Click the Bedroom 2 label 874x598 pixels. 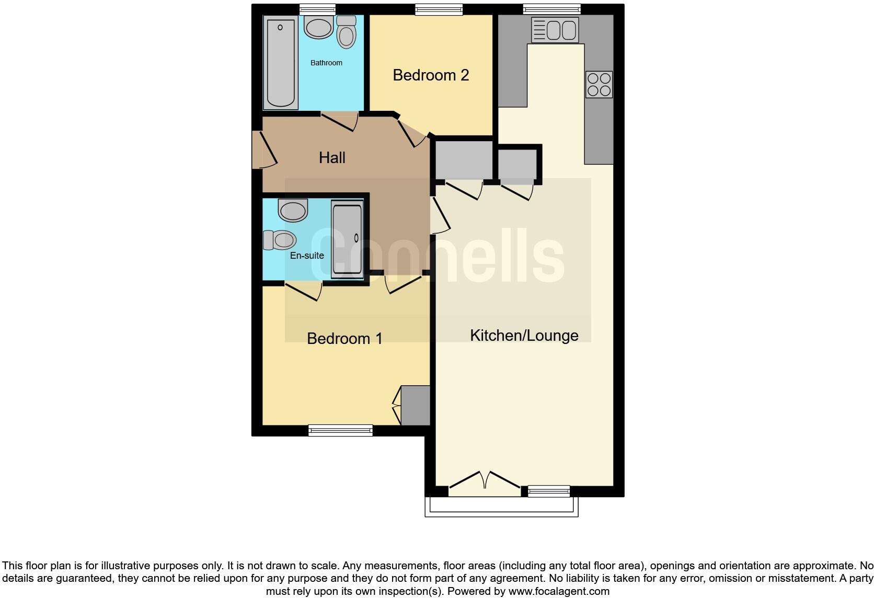coord(431,75)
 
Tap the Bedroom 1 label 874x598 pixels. coord(344,339)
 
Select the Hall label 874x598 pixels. coord(332,157)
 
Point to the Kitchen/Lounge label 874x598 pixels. coord(524,336)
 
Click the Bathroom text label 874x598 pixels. coord(326,63)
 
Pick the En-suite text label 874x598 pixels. coord(307,256)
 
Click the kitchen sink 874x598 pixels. coord(555,29)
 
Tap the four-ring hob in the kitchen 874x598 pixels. coord(599,85)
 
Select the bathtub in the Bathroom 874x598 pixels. coord(280,63)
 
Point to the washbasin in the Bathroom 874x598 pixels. coord(319,27)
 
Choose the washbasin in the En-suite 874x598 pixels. coord(293,211)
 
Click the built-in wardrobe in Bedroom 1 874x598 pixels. coord(415,405)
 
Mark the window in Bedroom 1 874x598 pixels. coord(340,430)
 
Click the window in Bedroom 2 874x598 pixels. coord(439,9)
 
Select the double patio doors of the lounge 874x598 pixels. coord(485,482)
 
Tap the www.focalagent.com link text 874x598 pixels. coord(559,591)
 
